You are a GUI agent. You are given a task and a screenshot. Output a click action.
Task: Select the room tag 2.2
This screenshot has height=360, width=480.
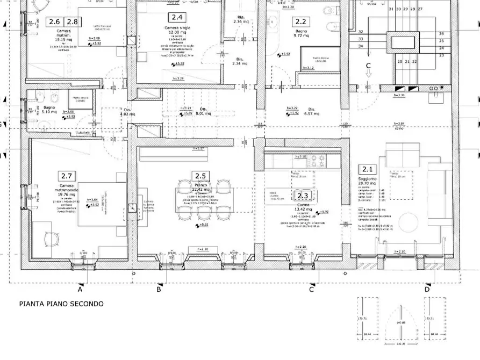[300, 22]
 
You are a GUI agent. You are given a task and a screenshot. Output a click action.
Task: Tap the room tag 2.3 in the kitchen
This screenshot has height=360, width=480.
[303, 196]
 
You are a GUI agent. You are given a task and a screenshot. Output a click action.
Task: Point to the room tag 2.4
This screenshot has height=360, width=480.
[176, 18]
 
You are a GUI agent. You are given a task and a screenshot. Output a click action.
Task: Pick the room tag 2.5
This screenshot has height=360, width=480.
[201, 176]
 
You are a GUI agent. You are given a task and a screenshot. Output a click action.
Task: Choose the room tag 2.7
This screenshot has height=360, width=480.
[67, 176]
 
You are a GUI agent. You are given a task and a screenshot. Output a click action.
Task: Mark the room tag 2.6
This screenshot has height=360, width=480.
[54, 22]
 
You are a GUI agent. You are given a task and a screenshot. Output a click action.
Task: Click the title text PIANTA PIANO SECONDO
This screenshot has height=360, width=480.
[61, 304]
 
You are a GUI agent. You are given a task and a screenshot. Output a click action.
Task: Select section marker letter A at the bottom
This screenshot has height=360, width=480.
[80, 290]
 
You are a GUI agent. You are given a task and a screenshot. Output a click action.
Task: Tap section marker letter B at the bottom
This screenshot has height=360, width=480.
[159, 290]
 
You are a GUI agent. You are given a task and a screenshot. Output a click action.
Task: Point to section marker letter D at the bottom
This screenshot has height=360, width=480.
[427, 290]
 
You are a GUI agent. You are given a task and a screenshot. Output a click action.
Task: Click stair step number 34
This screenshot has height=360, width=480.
[360, 46]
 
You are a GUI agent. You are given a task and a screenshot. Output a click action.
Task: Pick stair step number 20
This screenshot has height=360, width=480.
[399, 62]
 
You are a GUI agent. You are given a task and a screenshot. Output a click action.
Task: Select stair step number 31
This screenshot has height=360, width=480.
[390, 9]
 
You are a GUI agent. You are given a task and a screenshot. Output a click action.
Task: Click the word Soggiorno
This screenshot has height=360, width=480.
[368, 179]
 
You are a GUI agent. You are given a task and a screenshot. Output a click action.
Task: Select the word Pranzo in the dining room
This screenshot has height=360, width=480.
[201, 185]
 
